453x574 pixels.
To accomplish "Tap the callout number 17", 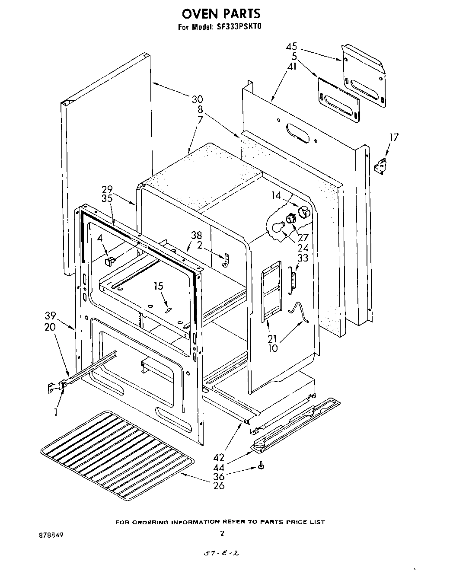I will click(x=394, y=137).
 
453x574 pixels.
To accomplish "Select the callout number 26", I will click(x=219, y=485).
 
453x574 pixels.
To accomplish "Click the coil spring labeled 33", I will click(x=293, y=280).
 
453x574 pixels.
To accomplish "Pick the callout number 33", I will click(x=303, y=258).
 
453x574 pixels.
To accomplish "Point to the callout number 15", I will click(x=159, y=286).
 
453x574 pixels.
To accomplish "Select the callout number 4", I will click(x=99, y=237).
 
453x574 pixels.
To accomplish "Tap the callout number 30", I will click(x=197, y=99).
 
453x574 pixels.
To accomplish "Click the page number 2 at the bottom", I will click(x=222, y=534).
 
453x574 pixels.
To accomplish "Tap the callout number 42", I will click(x=219, y=457).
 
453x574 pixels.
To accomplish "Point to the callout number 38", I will click(x=197, y=236).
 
